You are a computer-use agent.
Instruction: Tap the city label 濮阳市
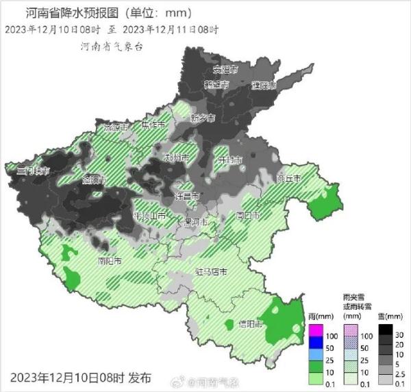[x=263, y=86]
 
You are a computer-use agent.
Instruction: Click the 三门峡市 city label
[x=34, y=170]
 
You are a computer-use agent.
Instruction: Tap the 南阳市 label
[x=110, y=261]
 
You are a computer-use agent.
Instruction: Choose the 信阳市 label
[x=251, y=323]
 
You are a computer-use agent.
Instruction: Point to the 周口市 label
[x=247, y=215]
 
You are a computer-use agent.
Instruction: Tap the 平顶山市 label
[x=150, y=216]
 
